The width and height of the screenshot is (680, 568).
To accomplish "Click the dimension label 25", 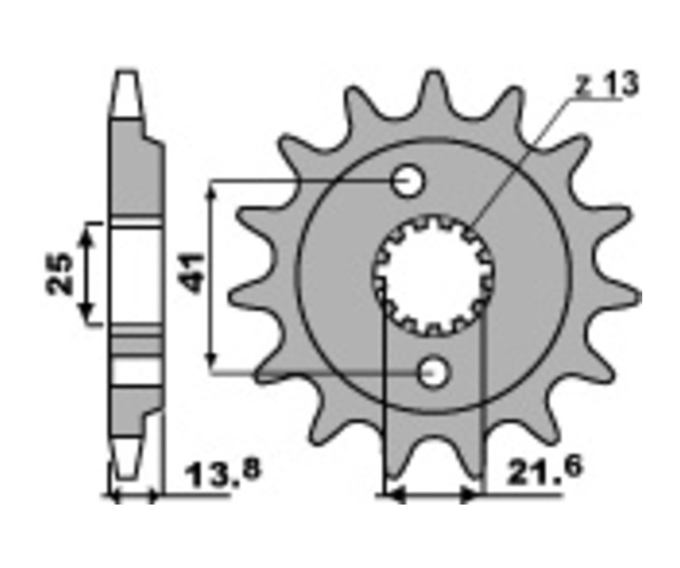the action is (x=60, y=273).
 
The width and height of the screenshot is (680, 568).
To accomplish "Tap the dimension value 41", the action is (x=193, y=273).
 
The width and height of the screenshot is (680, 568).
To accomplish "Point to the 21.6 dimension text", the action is (x=545, y=471).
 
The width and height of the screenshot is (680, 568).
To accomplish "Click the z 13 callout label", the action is (x=607, y=84).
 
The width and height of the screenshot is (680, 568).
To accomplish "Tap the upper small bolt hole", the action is (x=408, y=181).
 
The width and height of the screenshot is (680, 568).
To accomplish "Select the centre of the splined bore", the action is (x=434, y=276).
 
